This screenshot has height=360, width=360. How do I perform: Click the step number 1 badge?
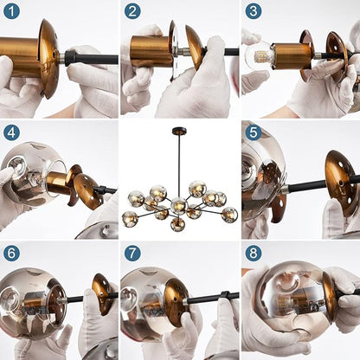tap(11, 11)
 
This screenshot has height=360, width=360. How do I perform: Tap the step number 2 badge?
tap(132, 11)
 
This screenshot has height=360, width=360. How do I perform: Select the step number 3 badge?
tap(254, 11)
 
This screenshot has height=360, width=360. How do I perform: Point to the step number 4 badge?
tap(11, 132)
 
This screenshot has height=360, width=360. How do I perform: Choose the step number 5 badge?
tap(254, 132)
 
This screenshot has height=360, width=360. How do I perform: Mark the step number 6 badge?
tap(11, 254)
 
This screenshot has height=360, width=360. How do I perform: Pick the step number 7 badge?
tap(132, 254)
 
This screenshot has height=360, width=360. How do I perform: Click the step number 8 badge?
tap(254, 254)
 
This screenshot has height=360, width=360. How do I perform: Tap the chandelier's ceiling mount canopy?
tap(179, 132)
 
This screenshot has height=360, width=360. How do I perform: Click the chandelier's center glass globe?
tap(179, 206)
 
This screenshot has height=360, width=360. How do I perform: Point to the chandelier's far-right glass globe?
tap(229, 215)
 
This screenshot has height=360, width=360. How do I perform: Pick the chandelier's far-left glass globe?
tap(130, 219)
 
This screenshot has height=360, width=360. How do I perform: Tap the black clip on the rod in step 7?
tap(225, 295)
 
